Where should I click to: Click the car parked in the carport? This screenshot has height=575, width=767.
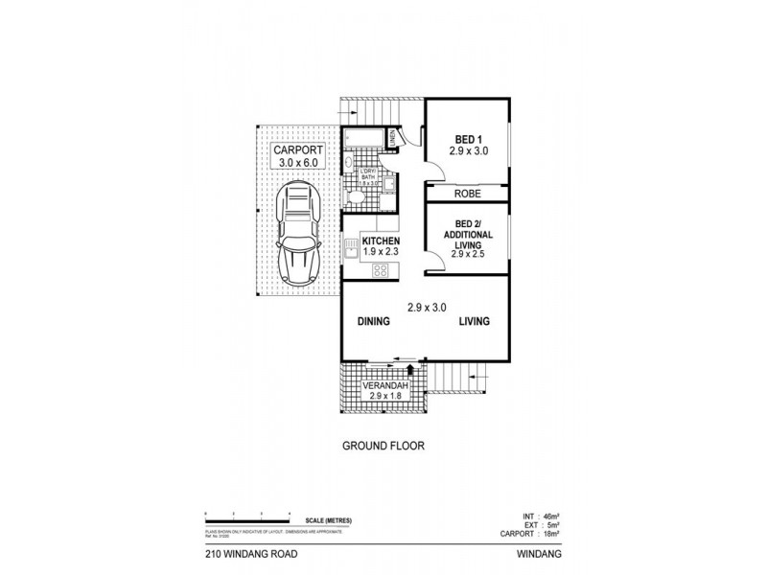298,233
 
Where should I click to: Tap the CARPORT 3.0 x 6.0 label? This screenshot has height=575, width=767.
298,157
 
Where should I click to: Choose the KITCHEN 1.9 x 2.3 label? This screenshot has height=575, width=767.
381,246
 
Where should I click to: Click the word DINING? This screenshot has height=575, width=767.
374,322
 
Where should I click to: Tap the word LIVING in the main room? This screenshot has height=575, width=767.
473,322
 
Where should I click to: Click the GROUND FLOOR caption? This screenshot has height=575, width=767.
383,446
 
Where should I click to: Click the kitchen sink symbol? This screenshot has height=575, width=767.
351,252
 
